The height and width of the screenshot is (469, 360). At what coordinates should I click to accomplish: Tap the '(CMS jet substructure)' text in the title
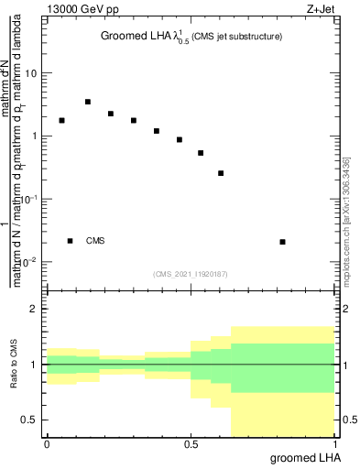tap(235, 37)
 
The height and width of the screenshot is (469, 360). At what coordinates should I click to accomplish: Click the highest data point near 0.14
tap(87, 102)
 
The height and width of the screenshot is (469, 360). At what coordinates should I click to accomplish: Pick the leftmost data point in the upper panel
tap(61, 120)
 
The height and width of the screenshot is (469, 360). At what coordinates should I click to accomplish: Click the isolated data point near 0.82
tap(282, 242)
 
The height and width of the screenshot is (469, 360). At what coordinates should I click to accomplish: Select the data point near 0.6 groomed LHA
tap(221, 173)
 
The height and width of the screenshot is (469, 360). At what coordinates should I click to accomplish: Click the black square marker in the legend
tap(70, 241)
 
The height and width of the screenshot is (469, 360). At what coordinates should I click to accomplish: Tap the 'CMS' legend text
tap(95, 241)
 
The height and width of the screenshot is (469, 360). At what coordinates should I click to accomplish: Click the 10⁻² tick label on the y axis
tap(27, 261)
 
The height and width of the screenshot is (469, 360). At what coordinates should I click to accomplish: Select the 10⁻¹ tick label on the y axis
tap(27, 198)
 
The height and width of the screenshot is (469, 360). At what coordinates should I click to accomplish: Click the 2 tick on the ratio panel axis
tap(34, 309)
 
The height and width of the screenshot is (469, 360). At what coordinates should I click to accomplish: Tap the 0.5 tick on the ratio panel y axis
tap(29, 420)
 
